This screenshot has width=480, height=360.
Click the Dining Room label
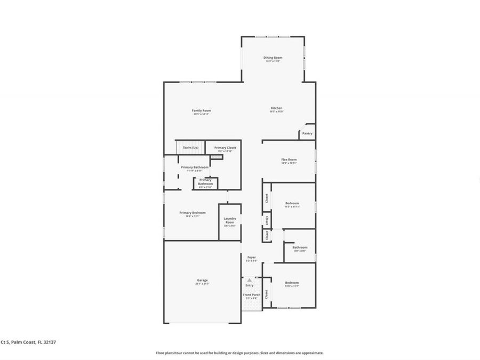pyautogui.click(x=273, y=58)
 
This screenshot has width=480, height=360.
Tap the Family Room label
pyautogui.click(x=202, y=110)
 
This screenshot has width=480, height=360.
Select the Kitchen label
pyautogui.click(x=276, y=108)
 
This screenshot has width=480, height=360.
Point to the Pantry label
pyautogui.click(x=307, y=133)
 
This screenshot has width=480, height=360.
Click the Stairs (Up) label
pyautogui.click(x=190, y=148)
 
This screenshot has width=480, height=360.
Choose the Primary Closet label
pyautogui.click(x=225, y=148)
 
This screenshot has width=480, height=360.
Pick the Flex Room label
pyautogui.click(x=289, y=159)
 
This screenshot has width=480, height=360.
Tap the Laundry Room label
pyautogui.click(x=230, y=220)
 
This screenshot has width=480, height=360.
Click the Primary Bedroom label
pyautogui.click(x=192, y=212)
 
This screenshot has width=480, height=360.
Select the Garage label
pyautogui.click(x=202, y=280)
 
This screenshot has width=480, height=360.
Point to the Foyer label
pyautogui.click(x=252, y=258)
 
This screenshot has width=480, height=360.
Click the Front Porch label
pyautogui.click(x=252, y=294)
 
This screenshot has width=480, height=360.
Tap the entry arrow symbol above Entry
pyautogui.click(x=249, y=279)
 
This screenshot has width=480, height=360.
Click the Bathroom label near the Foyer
pyautogui.click(x=300, y=247)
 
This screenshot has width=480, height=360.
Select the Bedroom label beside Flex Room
pyautogui.click(x=292, y=203)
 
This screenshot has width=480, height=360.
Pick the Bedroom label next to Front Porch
pyautogui.click(x=292, y=283)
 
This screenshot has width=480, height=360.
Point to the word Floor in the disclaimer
pyautogui.click(x=160, y=353)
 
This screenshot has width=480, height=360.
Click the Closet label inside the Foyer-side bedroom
pyautogui.click(x=266, y=293)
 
